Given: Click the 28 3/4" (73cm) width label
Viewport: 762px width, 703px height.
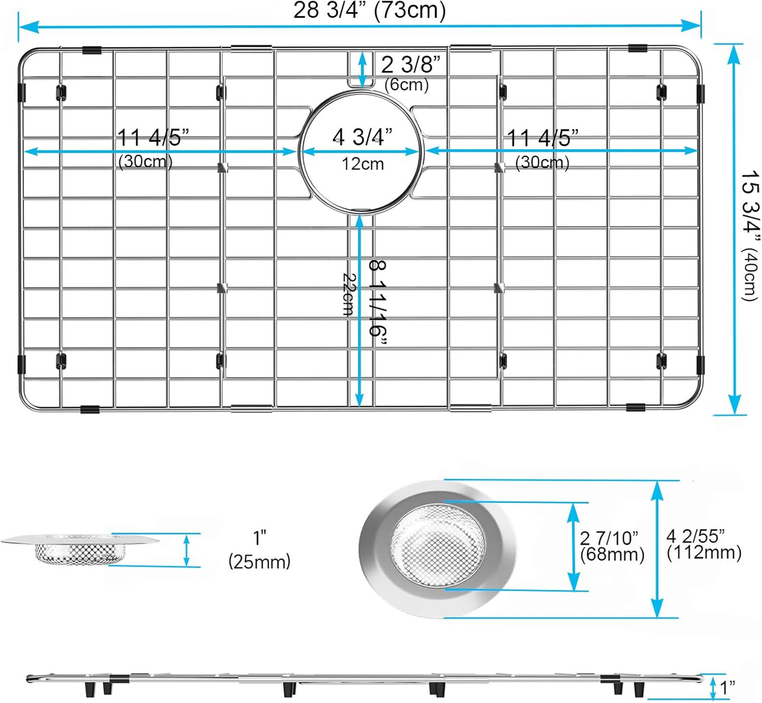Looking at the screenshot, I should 369,11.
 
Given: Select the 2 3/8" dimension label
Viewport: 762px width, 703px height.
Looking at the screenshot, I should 410,65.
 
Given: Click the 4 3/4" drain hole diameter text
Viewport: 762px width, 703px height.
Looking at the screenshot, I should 362,137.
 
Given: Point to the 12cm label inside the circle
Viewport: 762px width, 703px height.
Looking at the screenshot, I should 362,164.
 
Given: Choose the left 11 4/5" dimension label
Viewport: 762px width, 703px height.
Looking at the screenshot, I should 152,138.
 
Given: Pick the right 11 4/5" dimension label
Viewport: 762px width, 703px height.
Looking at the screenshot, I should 542,139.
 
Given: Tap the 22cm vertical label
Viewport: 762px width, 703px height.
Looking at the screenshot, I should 349,294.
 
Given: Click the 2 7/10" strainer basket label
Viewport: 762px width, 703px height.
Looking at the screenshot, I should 609,538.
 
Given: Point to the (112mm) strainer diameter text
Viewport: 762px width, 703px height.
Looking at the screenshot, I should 704,553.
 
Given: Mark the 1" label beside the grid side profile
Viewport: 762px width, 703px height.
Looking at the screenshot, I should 727,687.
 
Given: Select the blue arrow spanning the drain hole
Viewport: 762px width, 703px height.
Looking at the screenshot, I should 361,152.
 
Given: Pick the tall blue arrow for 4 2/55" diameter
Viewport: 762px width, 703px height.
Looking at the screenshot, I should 657,549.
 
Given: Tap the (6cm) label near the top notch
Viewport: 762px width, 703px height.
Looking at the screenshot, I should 406,84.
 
